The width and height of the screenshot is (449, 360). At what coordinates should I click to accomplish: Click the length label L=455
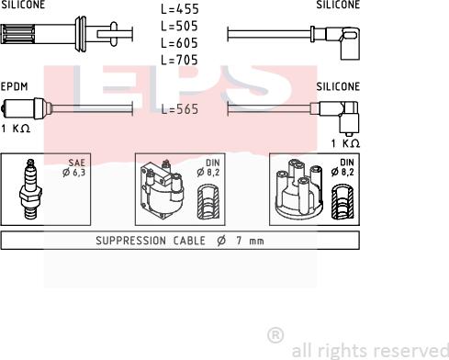(x=180, y=10)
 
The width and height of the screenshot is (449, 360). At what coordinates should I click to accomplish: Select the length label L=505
(x=180, y=27)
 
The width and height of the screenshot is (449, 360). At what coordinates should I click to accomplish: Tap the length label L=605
(x=180, y=43)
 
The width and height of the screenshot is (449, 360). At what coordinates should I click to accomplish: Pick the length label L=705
(x=180, y=60)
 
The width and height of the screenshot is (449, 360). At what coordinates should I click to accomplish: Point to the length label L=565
(x=180, y=108)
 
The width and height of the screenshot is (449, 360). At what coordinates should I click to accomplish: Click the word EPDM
(x=15, y=85)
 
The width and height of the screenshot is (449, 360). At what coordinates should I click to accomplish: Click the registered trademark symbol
(x=274, y=334)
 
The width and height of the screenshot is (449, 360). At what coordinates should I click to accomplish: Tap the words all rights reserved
(x=368, y=350)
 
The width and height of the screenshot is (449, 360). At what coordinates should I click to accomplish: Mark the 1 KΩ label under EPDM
(x=17, y=128)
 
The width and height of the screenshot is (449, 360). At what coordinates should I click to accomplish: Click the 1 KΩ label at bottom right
(x=343, y=143)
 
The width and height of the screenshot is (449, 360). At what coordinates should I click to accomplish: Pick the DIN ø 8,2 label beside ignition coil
(x=213, y=167)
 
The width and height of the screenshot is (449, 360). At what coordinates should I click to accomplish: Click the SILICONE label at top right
(x=338, y=5)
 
